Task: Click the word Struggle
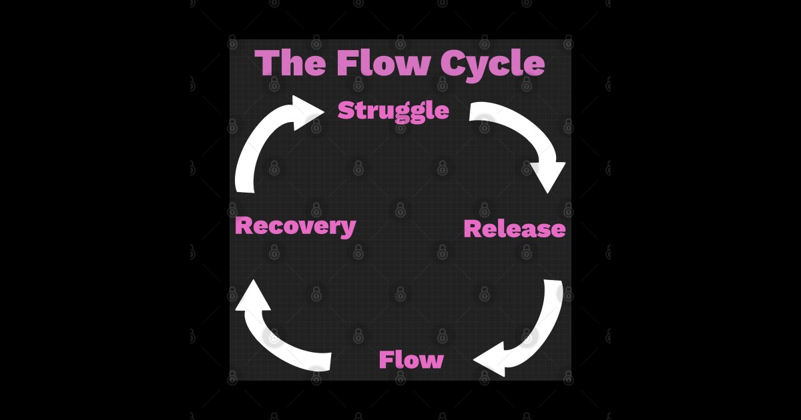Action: [393, 111]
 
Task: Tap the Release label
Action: [515, 229]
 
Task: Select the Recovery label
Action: [295, 225]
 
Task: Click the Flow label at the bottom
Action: [411, 360]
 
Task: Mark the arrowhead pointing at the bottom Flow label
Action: [491, 360]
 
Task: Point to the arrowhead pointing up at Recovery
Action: [253, 297]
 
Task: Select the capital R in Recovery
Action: [244, 225]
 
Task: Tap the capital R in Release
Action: [473, 229]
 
